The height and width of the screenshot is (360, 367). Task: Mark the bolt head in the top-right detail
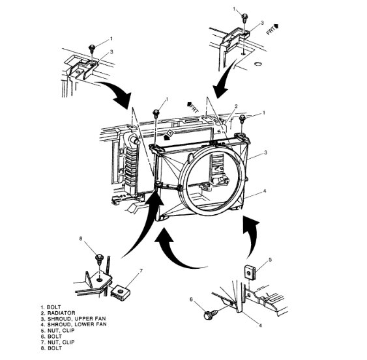coord(242,16)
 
